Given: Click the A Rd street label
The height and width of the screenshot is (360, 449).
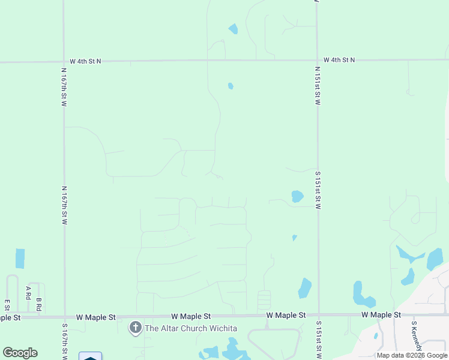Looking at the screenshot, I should pos(28,292).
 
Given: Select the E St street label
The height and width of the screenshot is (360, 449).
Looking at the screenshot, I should pos(7,305).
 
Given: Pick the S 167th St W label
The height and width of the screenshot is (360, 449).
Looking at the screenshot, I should pos(65,341).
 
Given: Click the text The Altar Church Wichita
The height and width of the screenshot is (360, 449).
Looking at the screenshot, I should pos(190,328).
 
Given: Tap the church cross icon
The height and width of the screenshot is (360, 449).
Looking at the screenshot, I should pos(136,328).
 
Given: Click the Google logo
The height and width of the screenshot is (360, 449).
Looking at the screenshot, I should pos(20,353).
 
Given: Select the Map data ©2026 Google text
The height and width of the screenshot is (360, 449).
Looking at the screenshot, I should pos(412,355).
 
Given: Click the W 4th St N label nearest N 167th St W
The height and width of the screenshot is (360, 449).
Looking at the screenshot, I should pos(86,61).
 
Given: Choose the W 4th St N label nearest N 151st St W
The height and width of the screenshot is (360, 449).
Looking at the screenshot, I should pos(339,60).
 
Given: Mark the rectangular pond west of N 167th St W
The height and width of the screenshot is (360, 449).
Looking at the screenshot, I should pos(20,258).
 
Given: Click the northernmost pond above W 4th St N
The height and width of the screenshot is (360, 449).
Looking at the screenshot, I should pos(233,28).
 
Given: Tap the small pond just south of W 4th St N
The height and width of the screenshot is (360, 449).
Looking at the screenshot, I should pos(231,86).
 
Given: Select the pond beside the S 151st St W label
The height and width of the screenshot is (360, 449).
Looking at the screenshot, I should pos(297,196).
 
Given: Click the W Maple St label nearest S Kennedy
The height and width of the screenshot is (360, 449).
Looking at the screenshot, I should pos(381,315).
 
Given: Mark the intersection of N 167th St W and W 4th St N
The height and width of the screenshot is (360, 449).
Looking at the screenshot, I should pos(64,61).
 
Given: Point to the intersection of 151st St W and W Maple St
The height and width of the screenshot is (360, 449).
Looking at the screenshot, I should pos(318,314).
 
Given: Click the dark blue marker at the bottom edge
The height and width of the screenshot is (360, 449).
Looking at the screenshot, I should pos(90,356).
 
